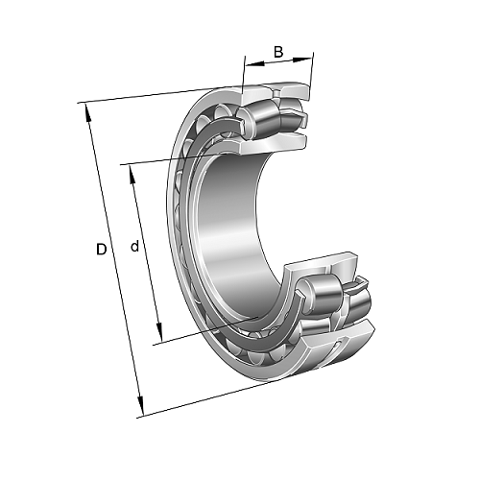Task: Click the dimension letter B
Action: [x=278, y=52]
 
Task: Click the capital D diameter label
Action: [x=101, y=250]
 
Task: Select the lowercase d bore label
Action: [x=135, y=246]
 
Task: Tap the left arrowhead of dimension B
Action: [x=254, y=64]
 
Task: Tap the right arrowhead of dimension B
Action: [x=302, y=60]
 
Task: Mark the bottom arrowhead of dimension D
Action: [x=140, y=405]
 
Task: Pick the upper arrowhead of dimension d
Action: [x=132, y=175]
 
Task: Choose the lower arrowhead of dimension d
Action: [x=159, y=332]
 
